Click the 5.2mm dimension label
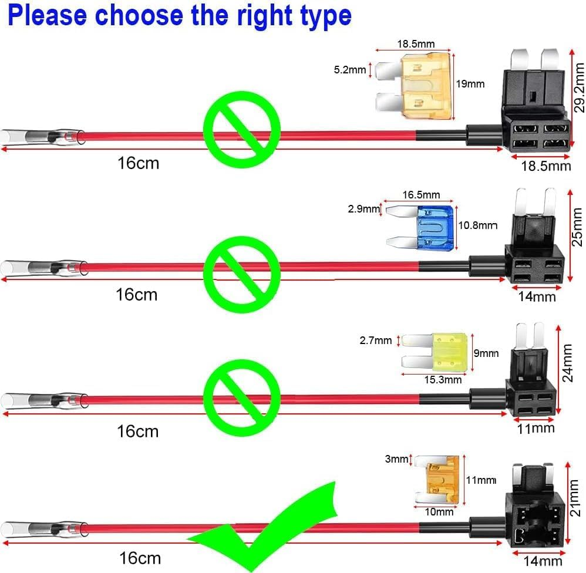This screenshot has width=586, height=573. click(349, 70)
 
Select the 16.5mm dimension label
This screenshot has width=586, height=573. click(421, 195)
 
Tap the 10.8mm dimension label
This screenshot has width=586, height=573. click(477, 225)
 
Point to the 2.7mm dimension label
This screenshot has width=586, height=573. click(375, 340)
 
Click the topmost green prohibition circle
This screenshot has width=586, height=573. click(242, 129)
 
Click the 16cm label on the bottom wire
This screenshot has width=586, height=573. click(139, 558)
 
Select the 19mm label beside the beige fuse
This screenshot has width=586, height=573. click(470, 84)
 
